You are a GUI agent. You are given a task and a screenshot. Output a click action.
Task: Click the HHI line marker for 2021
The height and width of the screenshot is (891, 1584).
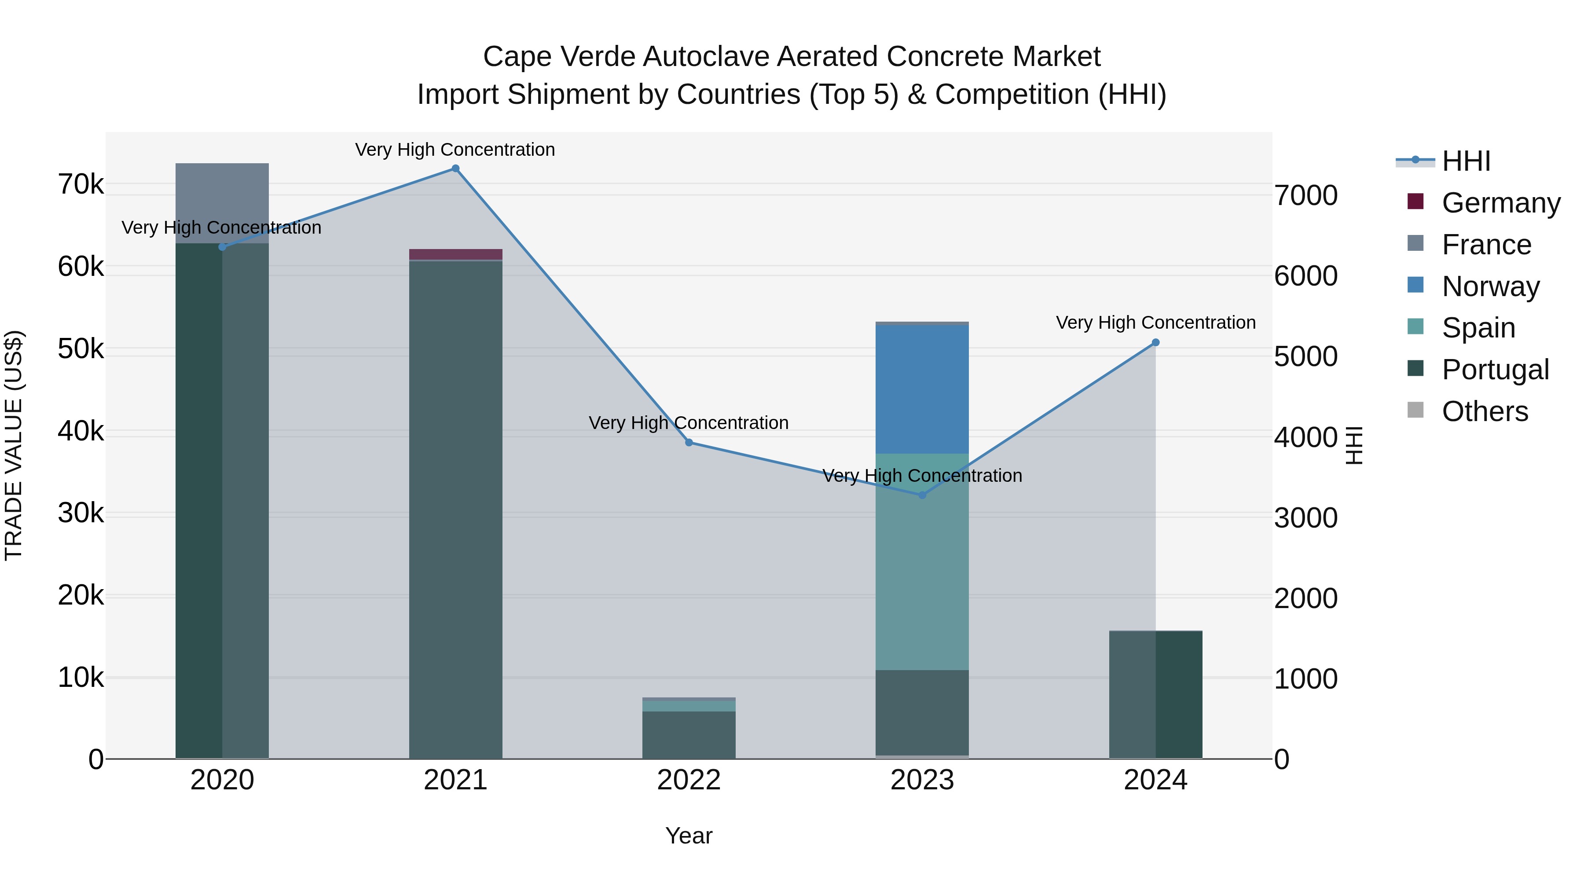click(455, 169)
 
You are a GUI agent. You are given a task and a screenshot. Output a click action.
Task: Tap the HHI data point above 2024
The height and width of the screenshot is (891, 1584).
click(1155, 342)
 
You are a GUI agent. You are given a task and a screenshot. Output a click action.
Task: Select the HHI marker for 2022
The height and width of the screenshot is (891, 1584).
click(689, 443)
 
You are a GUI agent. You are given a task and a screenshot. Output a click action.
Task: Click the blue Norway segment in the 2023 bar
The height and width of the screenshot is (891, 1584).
click(922, 389)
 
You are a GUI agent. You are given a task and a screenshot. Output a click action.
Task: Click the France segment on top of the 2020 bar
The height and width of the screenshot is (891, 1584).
click(222, 203)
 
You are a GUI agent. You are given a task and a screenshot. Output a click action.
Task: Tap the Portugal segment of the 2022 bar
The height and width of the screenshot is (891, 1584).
click(689, 735)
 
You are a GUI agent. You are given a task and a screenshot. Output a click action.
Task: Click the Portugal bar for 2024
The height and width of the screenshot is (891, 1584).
click(1155, 695)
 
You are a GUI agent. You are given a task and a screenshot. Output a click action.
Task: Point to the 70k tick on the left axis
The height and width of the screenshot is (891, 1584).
click(81, 184)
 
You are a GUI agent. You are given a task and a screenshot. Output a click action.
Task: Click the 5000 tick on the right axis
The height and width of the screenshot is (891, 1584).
click(1305, 357)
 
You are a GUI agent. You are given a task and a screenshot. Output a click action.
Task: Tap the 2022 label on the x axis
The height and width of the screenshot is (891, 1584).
click(689, 780)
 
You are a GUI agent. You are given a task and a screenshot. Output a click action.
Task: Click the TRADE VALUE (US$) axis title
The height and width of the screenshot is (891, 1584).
click(14, 445)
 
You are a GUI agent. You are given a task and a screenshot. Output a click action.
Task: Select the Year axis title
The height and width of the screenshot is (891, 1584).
click(689, 836)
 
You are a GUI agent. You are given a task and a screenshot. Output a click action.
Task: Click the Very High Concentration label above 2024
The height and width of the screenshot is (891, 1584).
click(1155, 322)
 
